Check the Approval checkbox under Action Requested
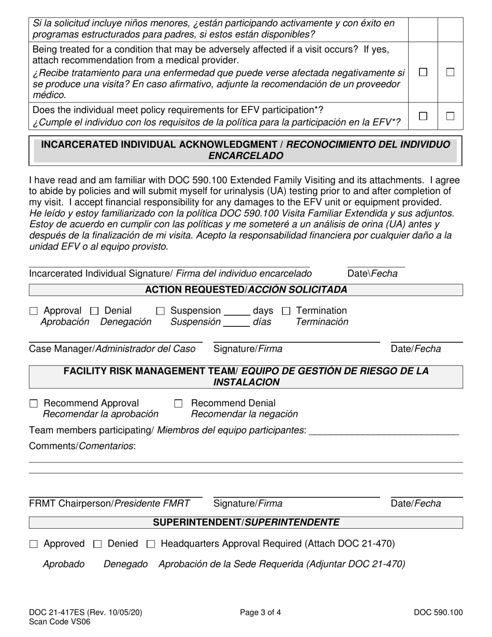point(34,311)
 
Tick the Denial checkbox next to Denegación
point(94,311)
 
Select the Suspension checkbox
point(161,311)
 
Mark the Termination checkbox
point(286,311)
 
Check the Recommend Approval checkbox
point(34,403)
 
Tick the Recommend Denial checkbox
point(179,403)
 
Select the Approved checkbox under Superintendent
point(34,544)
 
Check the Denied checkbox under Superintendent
point(97,544)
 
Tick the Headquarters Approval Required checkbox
point(151,544)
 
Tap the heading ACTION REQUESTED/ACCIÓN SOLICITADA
point(246,290)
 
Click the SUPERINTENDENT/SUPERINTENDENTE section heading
point(246,523)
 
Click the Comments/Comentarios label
point(82,446)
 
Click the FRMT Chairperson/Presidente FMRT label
point(110,503)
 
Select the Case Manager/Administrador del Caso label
point(112,349)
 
